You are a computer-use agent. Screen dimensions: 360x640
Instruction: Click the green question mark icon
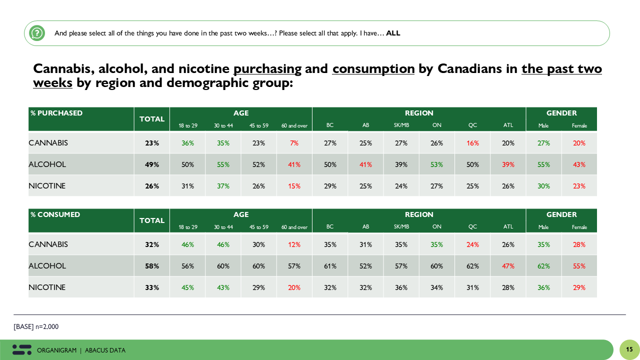click(36, 33)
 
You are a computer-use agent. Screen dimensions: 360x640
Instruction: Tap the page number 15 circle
click(629, 349)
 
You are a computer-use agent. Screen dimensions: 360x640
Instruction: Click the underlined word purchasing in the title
click(267, 69)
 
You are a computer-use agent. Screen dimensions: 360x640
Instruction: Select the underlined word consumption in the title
click(373, 69)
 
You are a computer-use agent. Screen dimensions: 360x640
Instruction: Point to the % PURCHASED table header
click(56, 113)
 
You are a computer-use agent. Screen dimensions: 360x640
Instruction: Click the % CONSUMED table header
click(55, 214)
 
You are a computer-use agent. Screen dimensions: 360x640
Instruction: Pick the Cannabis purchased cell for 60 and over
click(294, 143)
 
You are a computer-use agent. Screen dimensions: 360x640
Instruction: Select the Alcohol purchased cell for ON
click(436, 164)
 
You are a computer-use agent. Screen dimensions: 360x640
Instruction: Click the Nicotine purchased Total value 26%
click(152, 186)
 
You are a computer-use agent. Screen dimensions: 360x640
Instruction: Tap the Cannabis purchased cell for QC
click(472, 143)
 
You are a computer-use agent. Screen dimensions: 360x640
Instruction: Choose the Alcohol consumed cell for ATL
click(508, 266)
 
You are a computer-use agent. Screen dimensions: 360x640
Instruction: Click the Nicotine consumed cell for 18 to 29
click(187, 287)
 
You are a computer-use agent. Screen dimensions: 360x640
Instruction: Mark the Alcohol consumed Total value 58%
click(152, 266)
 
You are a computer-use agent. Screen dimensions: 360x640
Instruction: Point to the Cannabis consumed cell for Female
click(579, 244)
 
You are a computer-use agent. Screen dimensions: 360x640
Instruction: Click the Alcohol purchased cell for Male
click(543, 164)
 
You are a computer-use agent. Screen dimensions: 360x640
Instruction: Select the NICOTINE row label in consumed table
click(47, 287)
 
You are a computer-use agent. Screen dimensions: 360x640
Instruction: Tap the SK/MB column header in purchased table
click(401, 125)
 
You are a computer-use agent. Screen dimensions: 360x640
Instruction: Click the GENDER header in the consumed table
click(561, 214)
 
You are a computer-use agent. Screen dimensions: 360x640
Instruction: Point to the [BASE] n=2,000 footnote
click(36, 326)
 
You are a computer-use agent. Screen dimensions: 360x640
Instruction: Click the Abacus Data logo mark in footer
click(22, 349)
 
